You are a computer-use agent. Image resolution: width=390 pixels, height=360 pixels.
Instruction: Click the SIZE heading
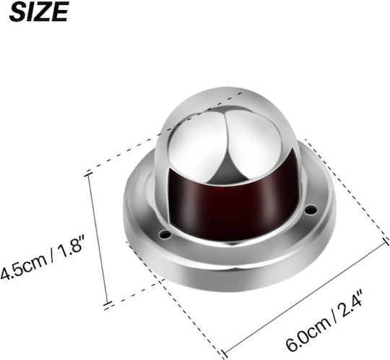point(39,12)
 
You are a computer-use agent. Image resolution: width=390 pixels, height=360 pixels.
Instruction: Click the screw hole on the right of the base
point(311,210)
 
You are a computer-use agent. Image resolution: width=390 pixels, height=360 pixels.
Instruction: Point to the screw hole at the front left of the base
point(165,234)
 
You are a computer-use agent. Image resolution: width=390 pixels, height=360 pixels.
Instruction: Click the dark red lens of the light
point(233,200)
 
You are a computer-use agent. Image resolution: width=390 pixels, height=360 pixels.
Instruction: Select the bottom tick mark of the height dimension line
point(108,305)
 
